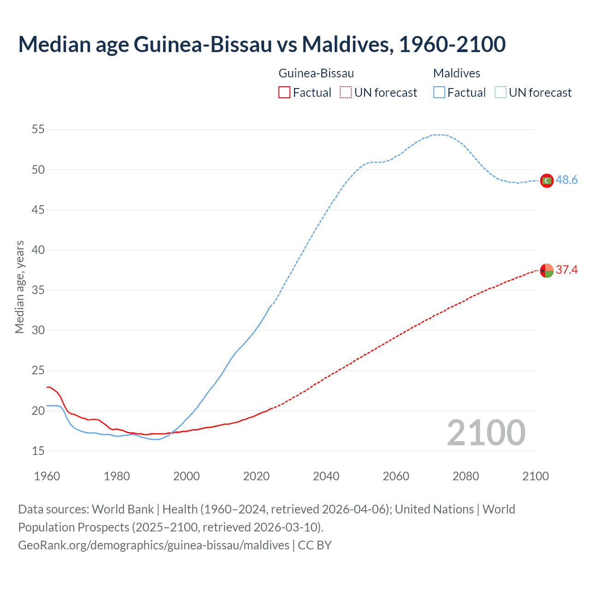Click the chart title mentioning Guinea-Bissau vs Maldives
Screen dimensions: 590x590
[x=262, y=44]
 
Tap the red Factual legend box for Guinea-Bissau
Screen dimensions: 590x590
[x=284, y=93]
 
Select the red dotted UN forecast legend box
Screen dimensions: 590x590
[x=346, y=93]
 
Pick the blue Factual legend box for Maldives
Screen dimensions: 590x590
[x=439, y=93]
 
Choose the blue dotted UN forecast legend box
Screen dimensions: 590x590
[x=500, y=93]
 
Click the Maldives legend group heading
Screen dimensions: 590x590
[x=456, y=73]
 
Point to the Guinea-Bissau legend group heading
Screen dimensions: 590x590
[x=316, y=73]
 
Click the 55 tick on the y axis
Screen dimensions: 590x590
[x=38, y=130]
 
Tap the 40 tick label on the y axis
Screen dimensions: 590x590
[x=38, y=250]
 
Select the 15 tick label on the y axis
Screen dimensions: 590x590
[x=38, y=451]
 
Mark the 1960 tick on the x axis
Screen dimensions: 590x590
[x=47, y=476]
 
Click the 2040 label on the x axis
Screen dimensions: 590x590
[x=326, y=476]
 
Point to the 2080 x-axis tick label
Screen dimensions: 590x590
[x=466, y=476]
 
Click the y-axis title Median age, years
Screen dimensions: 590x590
[x=19, y=287]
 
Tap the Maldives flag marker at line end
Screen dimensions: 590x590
[x=547, y=181]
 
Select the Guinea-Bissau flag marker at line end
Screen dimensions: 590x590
[x=547, y=271]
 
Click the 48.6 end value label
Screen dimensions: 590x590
[x=566, y=180]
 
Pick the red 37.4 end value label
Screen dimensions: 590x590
[x=566, y=270]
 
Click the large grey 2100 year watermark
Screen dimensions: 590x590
[x=486, y=432]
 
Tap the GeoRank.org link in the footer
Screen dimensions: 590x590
[x=153, y=545]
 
